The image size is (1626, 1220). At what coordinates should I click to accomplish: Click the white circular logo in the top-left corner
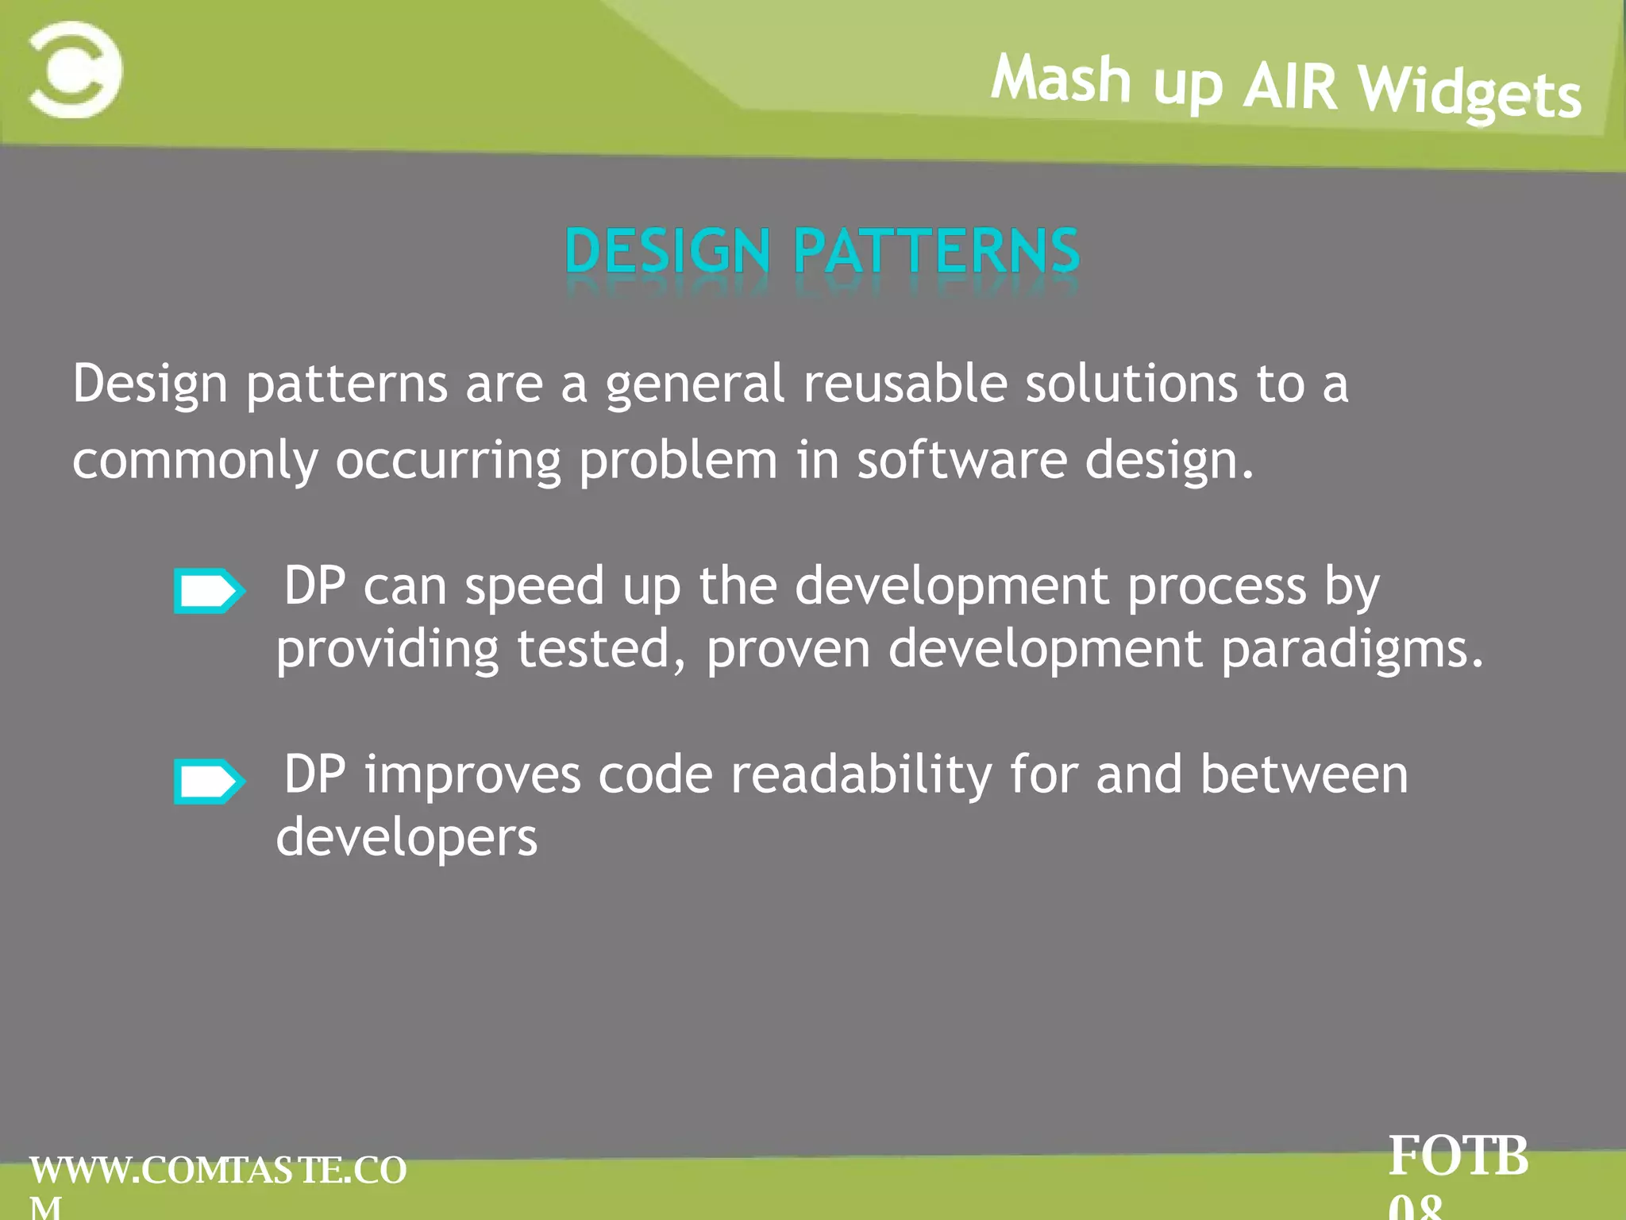[x=75, y=70]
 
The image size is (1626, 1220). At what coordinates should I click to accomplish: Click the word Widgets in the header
[x=1469, y=93]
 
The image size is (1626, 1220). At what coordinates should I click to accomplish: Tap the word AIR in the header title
[x=1289, y=86]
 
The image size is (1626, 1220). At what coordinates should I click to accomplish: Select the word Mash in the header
[x=1060, y=79]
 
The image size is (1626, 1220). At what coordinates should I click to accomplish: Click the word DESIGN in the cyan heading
[x=667, y=251]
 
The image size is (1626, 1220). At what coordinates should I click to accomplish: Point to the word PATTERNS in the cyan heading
[x=937, y=251]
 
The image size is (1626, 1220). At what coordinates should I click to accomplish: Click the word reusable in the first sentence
[x=904, y=384]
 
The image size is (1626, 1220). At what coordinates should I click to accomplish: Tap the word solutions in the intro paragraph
[x=1131, y=384]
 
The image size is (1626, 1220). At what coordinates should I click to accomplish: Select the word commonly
[x=195, y=461]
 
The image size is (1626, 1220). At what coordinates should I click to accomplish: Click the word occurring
[x=448, y=461]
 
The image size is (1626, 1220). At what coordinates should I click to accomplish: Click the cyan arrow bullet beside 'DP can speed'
[x=209, y=590]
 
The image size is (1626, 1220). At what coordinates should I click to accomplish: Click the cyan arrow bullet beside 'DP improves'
[x=209, y=782]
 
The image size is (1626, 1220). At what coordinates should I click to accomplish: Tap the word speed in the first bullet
[x=534, y=586]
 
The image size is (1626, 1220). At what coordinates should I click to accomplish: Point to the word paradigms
[x=1350, y=651]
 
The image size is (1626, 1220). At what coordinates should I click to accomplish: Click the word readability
[x=861, y=774]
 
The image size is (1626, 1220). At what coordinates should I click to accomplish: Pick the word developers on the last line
[x=406, y=839]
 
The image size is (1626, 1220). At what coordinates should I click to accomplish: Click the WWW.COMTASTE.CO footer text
[x=218, y=1170]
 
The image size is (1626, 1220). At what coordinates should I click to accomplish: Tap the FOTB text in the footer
[x=1458, y=1156]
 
